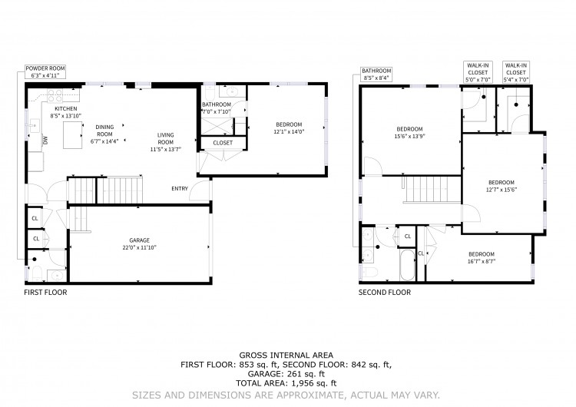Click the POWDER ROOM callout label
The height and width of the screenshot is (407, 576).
(x=45, y=71)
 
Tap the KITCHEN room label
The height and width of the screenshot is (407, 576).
(x=66, y=109)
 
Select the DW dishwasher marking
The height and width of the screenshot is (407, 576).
(x=45, y=140)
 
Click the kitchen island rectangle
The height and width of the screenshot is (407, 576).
(x=72, y=135)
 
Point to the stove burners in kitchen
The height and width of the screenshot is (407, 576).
(x=55, y=95)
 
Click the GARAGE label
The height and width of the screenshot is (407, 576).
(x=139, y=240)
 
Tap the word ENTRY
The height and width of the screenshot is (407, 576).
(x=180, y=188)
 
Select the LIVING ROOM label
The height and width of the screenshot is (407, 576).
(x=166, y=138)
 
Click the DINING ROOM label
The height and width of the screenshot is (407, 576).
(x=104, y=131)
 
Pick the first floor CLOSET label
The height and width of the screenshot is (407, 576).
(x=223, y=143)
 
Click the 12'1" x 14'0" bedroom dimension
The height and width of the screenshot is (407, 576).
(x=289, y=131)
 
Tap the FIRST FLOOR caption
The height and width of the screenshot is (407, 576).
(x=45, y=293)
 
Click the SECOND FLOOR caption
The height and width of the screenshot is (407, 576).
(x=385, y=293)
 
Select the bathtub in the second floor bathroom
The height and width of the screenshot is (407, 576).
(x=407, y=265)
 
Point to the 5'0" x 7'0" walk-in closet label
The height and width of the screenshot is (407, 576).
(x=478, y=72)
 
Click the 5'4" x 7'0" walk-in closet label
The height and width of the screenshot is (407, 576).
(x=516, y=72)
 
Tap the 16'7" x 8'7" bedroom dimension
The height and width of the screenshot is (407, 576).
(x=482, y=262)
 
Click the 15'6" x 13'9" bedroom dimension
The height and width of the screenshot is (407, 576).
(x=409, y=136)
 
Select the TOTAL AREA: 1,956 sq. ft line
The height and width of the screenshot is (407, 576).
(x=286, y=383)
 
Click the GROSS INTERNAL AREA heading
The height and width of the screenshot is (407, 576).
(x=286, y=356)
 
